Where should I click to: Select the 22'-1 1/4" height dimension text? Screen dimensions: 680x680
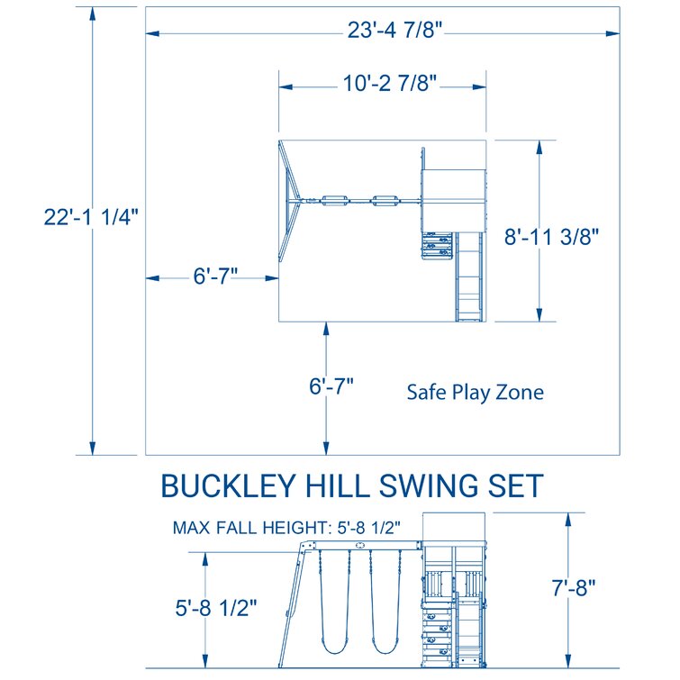pyautogui.click(x=90, y=217)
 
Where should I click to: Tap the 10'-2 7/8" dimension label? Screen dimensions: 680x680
pyautogui.click(x=389, y=86)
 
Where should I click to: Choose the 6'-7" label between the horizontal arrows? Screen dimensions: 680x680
pyautogui.click(x=215, y=277)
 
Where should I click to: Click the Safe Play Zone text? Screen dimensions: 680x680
pyautogui.click(x=475, y=393)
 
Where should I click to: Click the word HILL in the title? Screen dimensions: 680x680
pyautogui.click(x=343, y=486)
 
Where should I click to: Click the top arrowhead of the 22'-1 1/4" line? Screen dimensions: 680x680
pyautogui.click(x=91, y=12)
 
